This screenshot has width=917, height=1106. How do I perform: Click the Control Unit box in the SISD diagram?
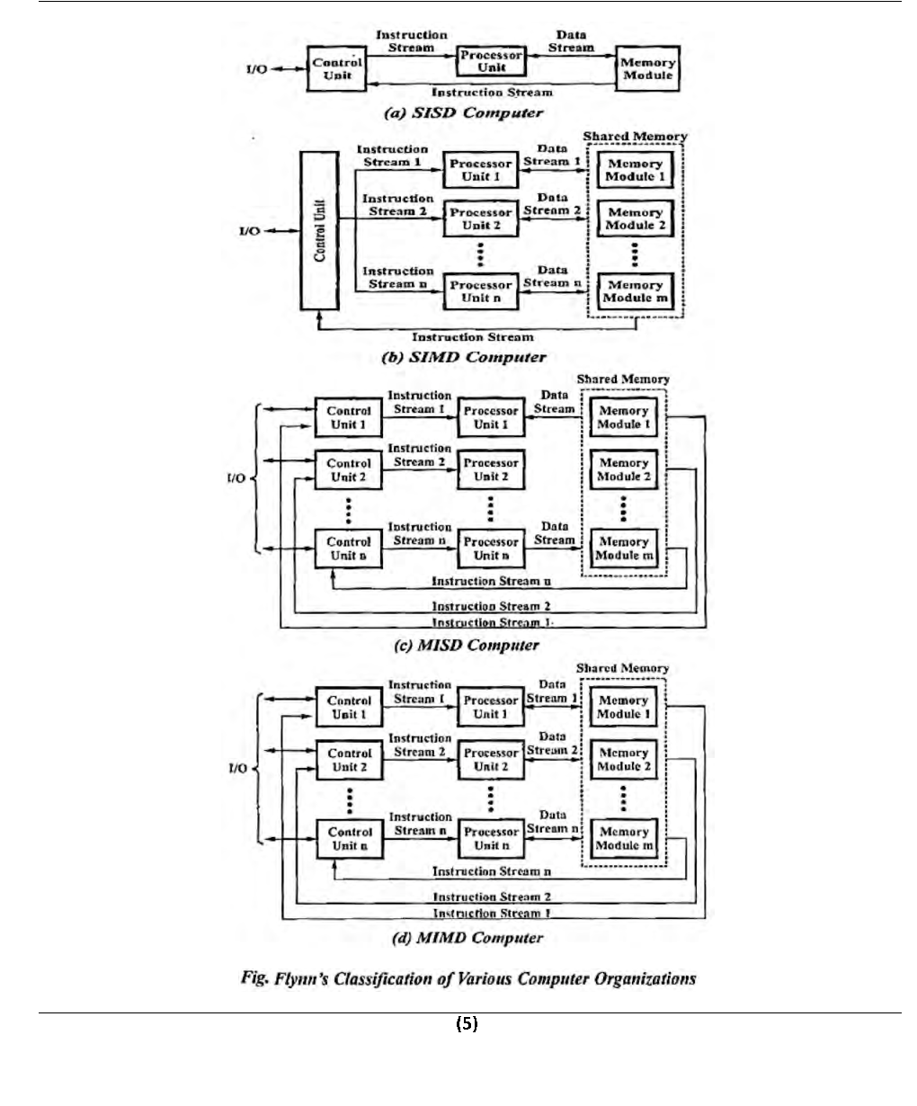tap(338, 69)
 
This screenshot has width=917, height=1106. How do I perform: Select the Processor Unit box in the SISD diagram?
tap(491, 61)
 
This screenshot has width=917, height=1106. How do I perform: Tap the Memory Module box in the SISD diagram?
tap(647, 69)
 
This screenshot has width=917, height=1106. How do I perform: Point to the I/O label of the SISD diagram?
tap(255, 69)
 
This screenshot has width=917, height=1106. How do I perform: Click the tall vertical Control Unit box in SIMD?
tap(321, 231)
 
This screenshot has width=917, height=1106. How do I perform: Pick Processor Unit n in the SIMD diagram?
tap(481, 291)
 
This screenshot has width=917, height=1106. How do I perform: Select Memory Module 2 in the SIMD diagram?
tap(635, 219)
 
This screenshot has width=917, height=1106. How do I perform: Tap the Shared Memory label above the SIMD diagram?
tap(635, 137)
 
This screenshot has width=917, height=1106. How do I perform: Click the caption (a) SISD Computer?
tap(463, 113)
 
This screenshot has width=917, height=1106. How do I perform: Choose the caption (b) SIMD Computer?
tap(464, 357)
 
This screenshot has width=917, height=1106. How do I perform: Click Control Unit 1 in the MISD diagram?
tap(349, 417)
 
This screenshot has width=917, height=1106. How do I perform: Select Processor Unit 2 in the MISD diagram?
tap(491, 469)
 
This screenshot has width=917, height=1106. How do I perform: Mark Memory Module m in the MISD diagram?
tap(623, 549)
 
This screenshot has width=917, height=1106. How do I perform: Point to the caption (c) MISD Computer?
tap(467, 645)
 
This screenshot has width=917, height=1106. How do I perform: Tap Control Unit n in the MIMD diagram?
tap(350, 838)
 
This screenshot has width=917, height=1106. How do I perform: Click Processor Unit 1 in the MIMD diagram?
tap(491, 707)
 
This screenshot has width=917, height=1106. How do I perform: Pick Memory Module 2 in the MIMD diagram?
tap(623, 760)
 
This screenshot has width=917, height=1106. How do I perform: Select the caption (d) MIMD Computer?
tap(467, 938)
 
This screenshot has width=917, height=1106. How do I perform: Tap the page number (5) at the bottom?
tap(467, 1023)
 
